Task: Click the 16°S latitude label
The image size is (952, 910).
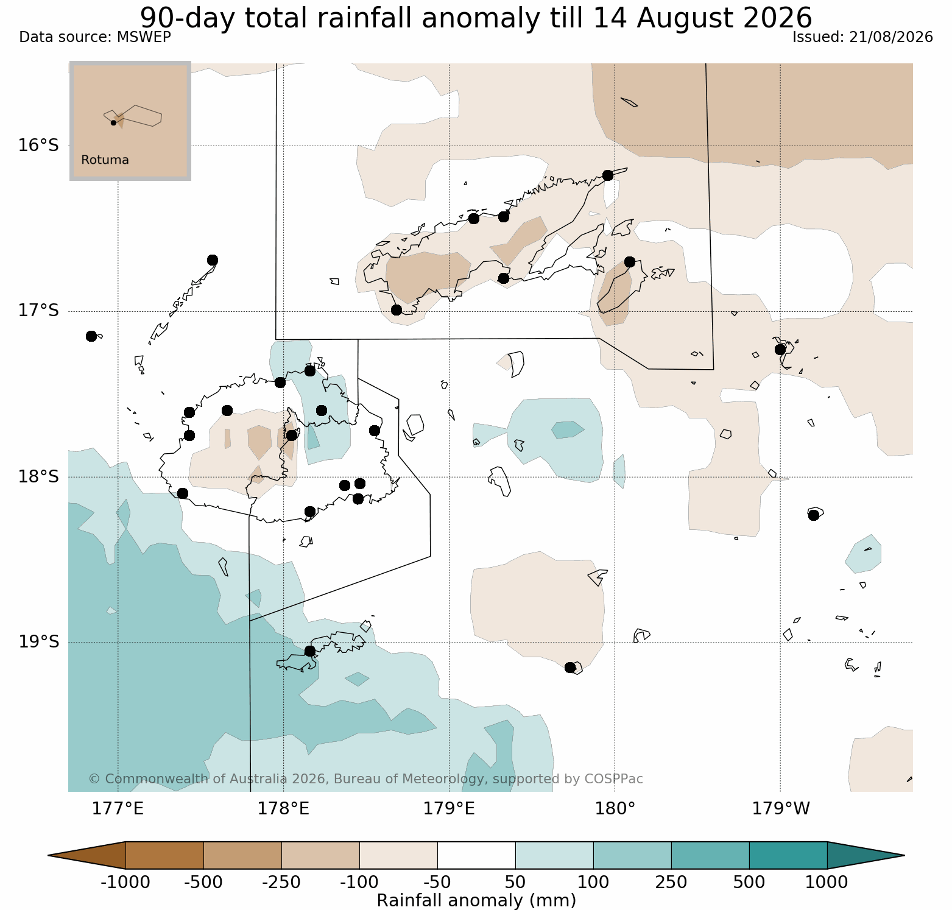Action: [38, 146]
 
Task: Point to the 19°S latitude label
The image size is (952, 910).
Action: [38, 642]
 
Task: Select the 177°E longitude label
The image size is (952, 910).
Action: [118, 809]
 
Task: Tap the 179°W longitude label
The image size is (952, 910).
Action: [781, 809]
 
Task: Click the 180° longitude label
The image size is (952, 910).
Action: [615, 809]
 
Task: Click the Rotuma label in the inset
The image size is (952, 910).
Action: [105, 160]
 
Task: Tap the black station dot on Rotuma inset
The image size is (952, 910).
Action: [113, 122]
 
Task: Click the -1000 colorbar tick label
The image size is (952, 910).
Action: [125, 882]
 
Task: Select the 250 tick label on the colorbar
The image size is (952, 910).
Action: [671, 882]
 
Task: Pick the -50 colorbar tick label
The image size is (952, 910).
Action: [437, 882]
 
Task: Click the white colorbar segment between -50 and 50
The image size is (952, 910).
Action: [476, 855]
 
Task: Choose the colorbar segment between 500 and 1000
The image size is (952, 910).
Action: [788, 855]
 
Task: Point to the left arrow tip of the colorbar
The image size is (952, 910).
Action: [49, 855]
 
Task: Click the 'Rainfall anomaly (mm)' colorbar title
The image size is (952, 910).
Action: [476, 900]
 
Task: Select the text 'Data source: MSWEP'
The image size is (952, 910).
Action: [95, 37]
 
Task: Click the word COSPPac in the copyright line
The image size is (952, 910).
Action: [613, 779]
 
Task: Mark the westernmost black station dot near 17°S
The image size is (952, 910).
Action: [91, 336]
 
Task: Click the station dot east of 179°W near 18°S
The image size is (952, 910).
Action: [814, 515]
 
